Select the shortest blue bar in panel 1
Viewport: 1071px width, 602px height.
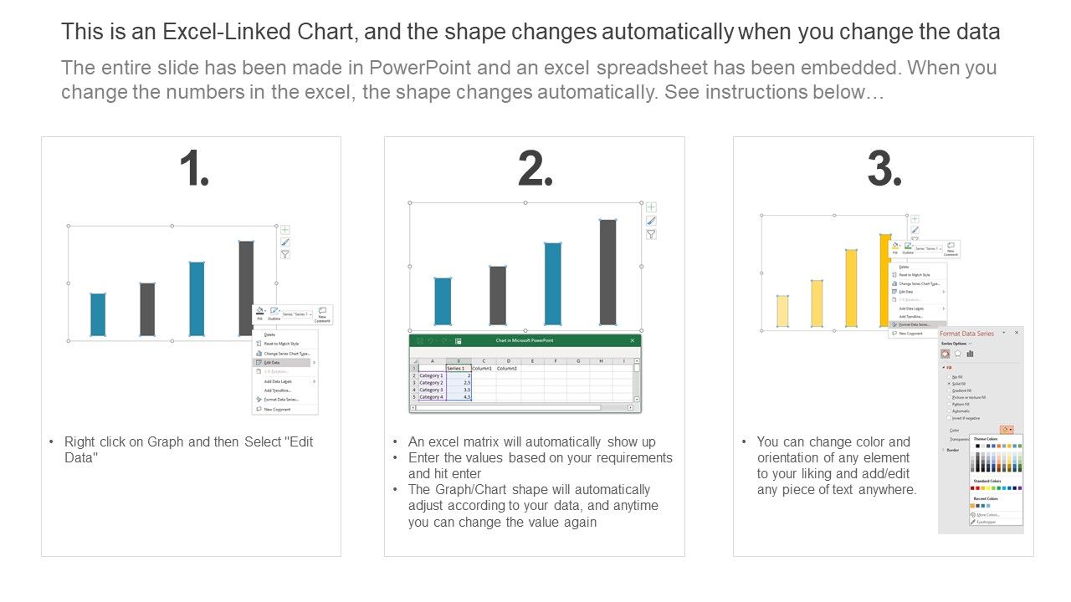[98, 314]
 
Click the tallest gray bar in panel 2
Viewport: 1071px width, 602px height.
[607, 272]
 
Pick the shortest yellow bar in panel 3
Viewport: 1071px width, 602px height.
[782, 311]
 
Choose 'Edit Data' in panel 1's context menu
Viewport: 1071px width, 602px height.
[273, 363]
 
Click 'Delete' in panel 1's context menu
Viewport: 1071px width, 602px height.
[269, 334]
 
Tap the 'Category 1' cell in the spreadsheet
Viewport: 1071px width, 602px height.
[431, 376]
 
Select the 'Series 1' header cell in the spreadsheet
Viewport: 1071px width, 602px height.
[456, 368]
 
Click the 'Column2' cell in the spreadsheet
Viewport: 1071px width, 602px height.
[507, 368]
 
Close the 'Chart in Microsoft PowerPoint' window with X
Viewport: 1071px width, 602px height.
[633, 340]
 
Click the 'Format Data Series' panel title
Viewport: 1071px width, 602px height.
[967, 334]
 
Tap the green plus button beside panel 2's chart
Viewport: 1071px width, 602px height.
[651, 207]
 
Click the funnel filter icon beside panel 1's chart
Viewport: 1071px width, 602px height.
[285, 254]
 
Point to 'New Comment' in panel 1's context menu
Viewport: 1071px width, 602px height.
[277, 410]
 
